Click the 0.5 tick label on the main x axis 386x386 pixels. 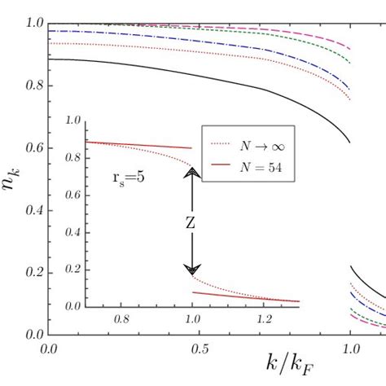pos(200,349)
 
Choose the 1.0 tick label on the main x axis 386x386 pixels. pos(351,349)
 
